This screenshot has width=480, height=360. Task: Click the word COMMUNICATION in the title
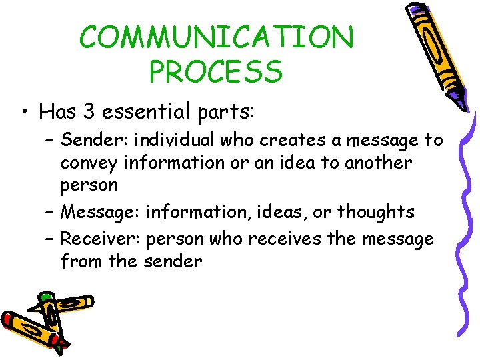217,38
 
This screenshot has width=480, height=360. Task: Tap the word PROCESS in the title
216,71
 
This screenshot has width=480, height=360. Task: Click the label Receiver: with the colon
101,238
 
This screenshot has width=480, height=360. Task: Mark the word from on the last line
81,261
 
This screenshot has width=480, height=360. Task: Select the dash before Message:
51,213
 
